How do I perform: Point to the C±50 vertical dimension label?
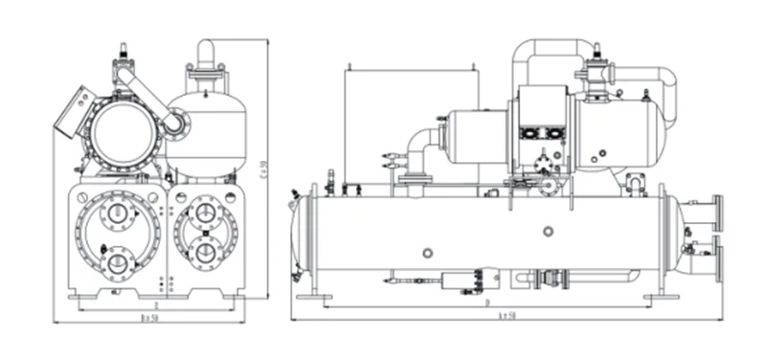coord(264,168)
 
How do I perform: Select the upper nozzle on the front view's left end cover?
coord(119,214)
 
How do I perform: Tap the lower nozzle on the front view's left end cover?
coord(119,261)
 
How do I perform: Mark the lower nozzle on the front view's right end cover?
coord(206,253)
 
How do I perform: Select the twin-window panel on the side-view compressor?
coord(533,136)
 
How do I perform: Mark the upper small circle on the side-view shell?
coord(547,231)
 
